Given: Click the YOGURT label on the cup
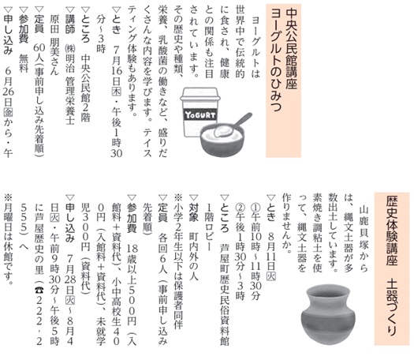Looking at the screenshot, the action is (200, 115).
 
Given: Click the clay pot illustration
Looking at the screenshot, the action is (328, 314).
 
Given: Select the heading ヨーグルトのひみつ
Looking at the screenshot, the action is (276, 59).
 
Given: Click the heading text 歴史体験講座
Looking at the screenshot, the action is (392, 231).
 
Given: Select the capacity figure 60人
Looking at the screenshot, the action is (39, 54).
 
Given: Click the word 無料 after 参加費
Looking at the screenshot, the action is (24, 64).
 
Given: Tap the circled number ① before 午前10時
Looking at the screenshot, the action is (255, 208).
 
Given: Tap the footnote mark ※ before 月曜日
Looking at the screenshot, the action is (8, 197).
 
